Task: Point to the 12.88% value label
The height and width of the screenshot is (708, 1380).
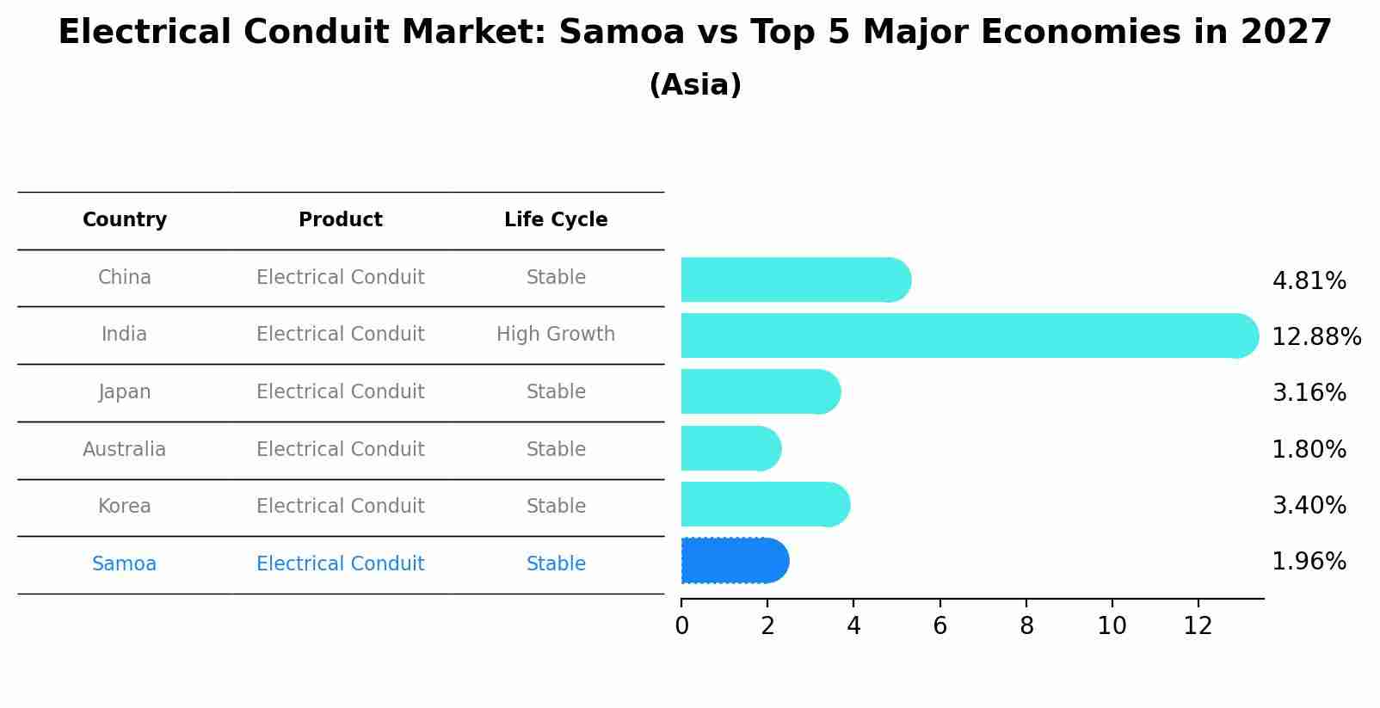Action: coord(1315,336)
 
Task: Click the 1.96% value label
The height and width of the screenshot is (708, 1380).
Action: coord(1309,562)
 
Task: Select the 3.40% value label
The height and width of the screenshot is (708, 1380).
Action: coord(1309,505)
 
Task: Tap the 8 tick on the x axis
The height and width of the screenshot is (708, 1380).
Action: coord(1026,626)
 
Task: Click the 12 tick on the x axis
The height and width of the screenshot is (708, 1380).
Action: coord(1198,626)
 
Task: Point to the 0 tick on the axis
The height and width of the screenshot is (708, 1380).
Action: coord(681,626)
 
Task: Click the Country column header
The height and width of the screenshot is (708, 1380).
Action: coord(125,220)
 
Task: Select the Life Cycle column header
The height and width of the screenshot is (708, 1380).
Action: coord(556,220)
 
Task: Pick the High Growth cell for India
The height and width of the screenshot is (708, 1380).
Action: coord(556,334)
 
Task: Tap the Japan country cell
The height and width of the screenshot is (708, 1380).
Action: coord(125,391)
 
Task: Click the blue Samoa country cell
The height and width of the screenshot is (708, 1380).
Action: coord(125,563)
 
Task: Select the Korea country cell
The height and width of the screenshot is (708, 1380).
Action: coord(125,506)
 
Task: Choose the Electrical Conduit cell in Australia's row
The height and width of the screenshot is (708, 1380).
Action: coord(340,449)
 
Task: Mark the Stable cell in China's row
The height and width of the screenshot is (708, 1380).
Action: coord(556,277)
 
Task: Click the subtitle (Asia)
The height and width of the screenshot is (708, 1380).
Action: coord(695,85)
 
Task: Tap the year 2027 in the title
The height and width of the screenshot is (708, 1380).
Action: coord(1285,33)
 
